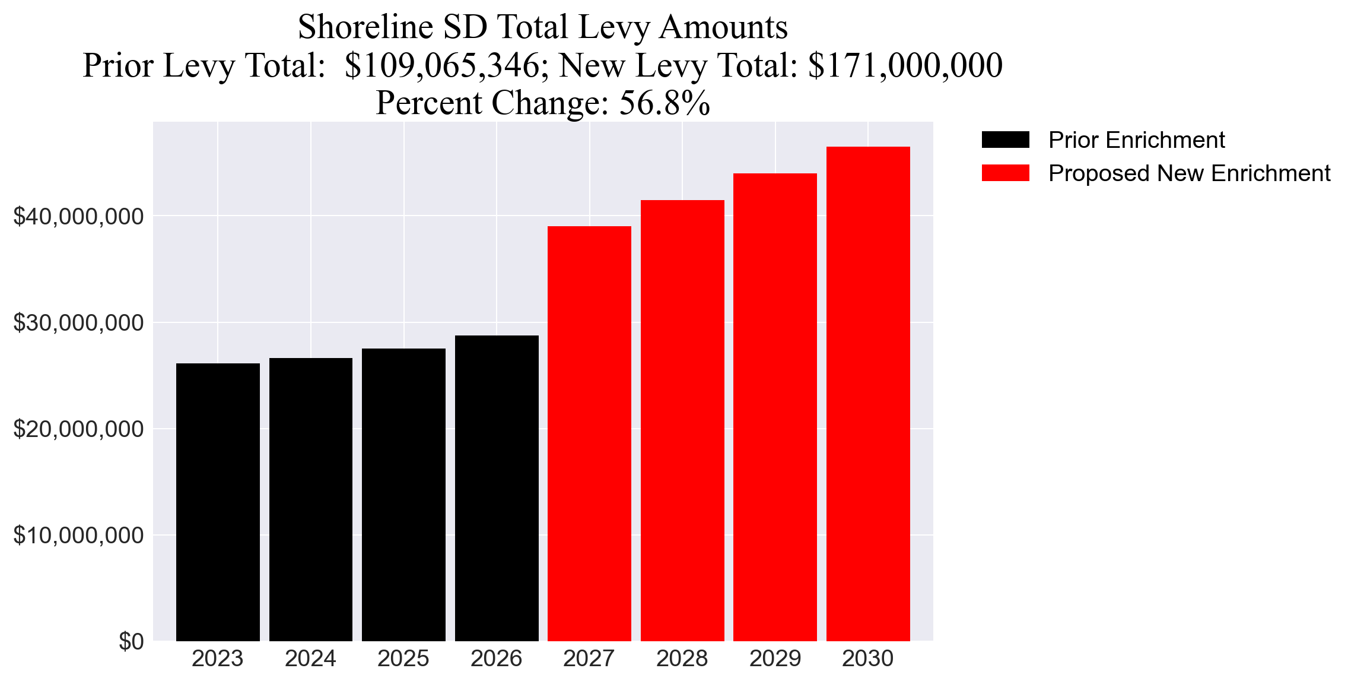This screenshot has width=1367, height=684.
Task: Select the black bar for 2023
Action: (x=218, y=502)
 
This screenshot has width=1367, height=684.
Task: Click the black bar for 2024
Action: (x=310, y=499)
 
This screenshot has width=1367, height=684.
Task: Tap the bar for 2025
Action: (x=403, y=495)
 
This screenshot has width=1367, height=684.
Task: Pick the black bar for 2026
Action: (x=497, y=488)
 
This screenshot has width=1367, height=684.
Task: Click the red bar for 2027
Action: (x=589, y=433)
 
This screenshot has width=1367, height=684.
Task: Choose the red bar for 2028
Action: (x=682, y=420)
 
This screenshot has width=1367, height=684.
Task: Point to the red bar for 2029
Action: (x=775, y=407)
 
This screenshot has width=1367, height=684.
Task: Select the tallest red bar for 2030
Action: (x=868, y=394)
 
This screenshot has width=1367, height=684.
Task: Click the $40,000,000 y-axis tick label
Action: (x=78, y=217)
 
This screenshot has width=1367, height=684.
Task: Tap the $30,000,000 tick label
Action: (x=78, y=323)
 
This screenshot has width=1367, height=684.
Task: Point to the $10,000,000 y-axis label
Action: (x=78, y=536)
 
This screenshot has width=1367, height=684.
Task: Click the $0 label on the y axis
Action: (x=131, y=642)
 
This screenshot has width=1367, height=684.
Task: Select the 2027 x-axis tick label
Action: (x=589, y=659)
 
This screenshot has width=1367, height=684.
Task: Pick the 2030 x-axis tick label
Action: (x=868, y=659)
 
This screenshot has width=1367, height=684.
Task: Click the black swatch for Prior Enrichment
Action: (x=1005, y=140)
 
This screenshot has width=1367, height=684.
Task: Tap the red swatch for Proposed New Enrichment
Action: (x=1005, y=173)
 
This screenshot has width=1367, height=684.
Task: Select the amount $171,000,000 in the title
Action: (x=905, y=65)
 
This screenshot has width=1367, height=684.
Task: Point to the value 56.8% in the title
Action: (x=665, y=103)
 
